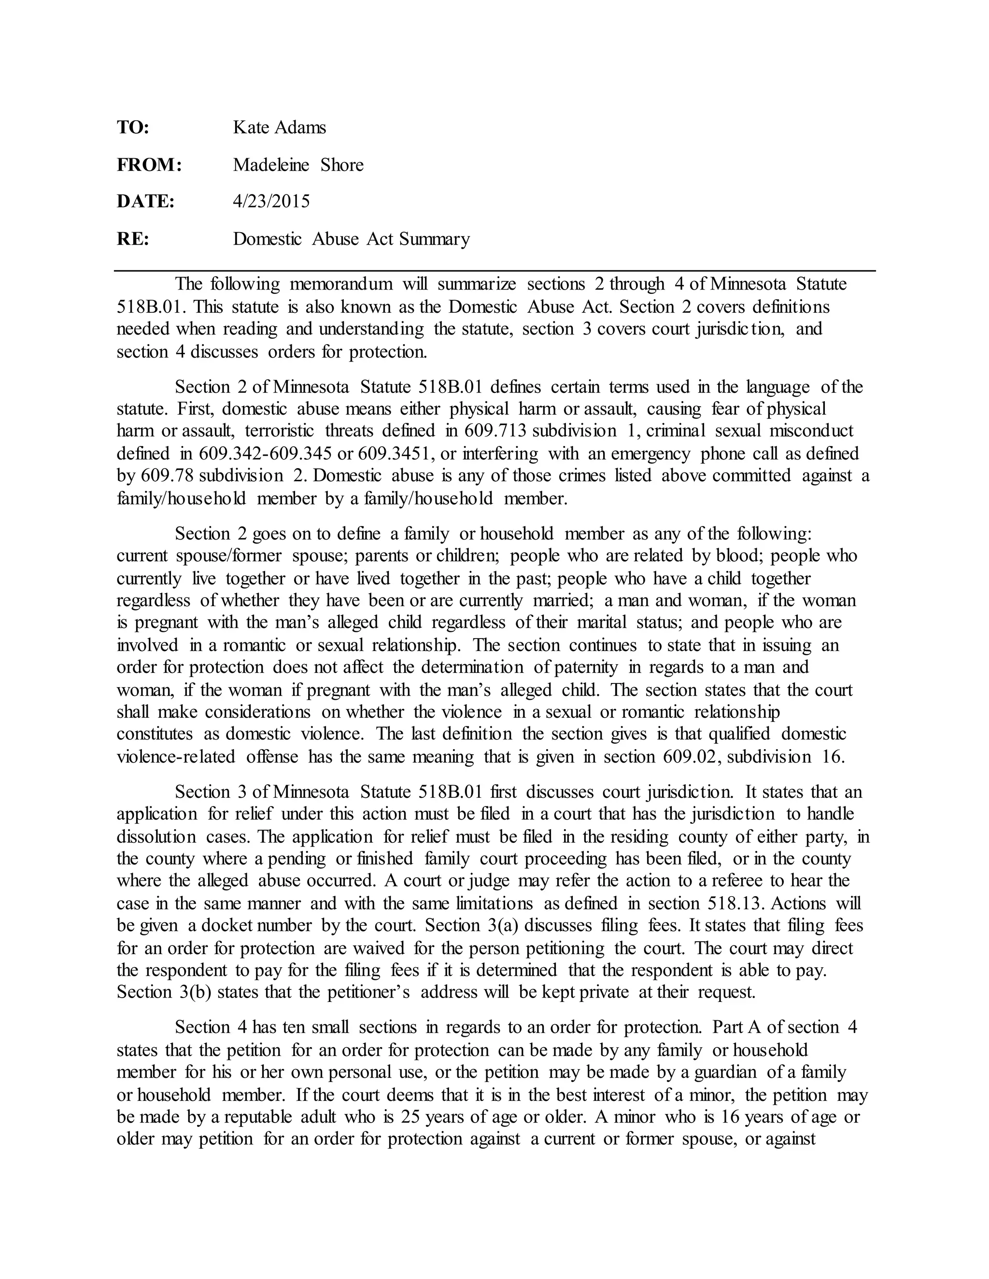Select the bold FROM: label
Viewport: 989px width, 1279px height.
[149, 165]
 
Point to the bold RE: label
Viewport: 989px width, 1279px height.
[133, 239]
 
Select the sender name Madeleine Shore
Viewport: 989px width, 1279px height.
[298, 165]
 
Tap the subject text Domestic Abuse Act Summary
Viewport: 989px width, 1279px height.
[352, 239]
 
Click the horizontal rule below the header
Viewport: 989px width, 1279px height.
[494, 271]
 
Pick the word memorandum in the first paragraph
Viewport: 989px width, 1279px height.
[341, 284]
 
